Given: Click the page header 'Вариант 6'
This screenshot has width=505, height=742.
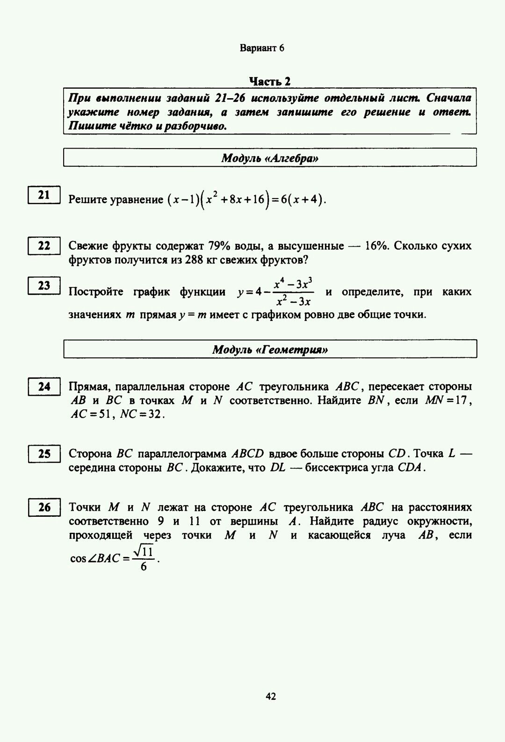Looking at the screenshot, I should (x=262, y=48).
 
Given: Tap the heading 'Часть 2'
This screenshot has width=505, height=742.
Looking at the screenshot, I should (x=270, y=81).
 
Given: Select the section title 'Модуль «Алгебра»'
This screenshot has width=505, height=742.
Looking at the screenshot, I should (x=270, y=158).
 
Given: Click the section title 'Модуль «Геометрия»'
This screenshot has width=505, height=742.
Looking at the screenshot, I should (x=270, y=350).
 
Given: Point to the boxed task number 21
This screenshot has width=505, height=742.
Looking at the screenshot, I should (x=44, y=195).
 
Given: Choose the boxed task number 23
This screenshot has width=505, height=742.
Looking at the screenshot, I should (x=44, y=285).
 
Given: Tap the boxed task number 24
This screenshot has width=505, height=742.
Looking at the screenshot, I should (x=44, y=387).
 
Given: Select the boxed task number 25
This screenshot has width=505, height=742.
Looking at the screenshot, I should (x=44, y=454).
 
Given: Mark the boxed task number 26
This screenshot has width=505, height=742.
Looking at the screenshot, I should (x=44, y=507).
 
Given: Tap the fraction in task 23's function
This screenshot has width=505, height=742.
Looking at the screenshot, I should (x=294, y=292).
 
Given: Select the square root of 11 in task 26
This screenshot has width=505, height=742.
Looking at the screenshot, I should (x=144, y=552).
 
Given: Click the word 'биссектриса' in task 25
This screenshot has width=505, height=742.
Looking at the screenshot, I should (x=334, y=468).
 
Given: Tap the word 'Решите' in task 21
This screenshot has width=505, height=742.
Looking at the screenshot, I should (x=88, y=200).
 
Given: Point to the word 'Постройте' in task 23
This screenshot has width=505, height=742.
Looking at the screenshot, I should (x=96, y=293).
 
